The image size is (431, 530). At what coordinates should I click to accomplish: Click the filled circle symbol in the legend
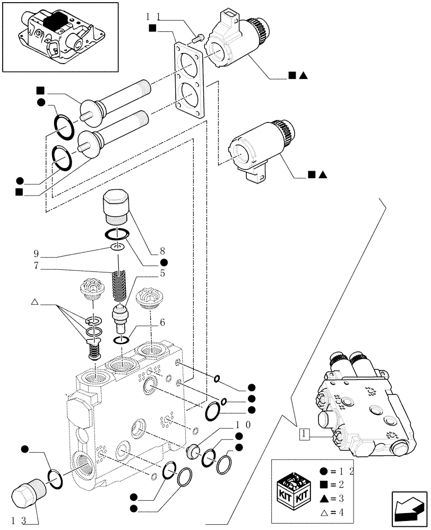click(x=323, y=471)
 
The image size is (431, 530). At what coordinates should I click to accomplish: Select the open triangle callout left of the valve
click(x=35, y=302)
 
